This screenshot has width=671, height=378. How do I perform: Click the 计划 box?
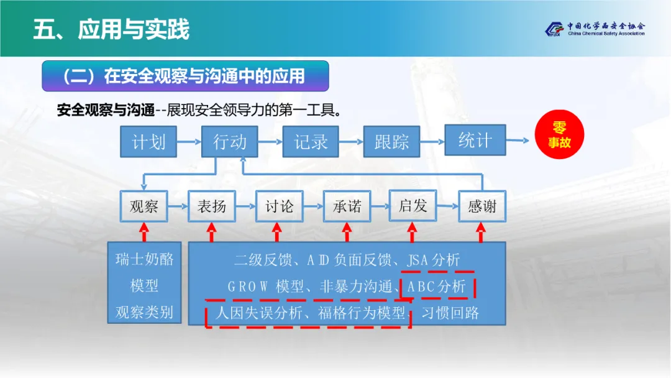[x=149, y=142]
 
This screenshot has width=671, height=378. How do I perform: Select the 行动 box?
[x=229, y=142]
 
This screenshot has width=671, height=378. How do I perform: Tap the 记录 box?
[x=310, y=142]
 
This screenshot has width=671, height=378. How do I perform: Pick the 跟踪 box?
[x=391, y=142]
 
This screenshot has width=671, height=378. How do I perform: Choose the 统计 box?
[x=475, y=140]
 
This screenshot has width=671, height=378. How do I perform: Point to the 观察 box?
[x=144, y=206]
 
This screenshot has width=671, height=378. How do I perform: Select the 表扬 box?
[x=211, y=206]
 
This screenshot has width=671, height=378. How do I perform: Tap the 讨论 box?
[x=279, y=206]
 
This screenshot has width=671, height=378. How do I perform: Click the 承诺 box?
[x=347, y=206]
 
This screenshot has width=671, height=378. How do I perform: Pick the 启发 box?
[x=413, y=205]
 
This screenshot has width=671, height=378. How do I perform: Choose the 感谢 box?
[x=482, y=206]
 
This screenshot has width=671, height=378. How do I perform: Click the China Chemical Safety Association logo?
[x=595, y=29]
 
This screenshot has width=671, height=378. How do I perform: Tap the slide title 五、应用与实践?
[x=112, y=30]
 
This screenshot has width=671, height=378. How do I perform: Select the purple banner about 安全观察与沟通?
[x=185, y=76]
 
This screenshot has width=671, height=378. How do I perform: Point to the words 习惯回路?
[x=450, y=313]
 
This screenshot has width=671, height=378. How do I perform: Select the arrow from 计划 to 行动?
[x=189, y=142]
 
